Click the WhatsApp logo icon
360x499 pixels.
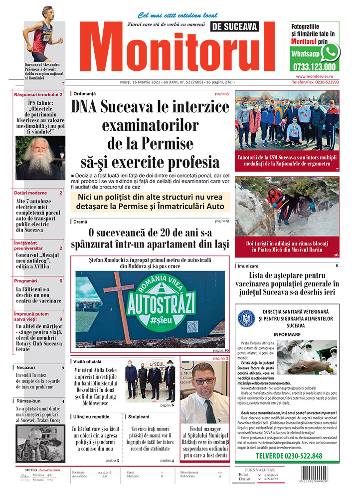click(x=330, y=52)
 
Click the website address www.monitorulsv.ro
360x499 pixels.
click(x=314, y=76)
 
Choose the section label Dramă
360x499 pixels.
click(x=80, y=221)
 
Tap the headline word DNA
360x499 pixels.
click(x=84, y=107)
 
